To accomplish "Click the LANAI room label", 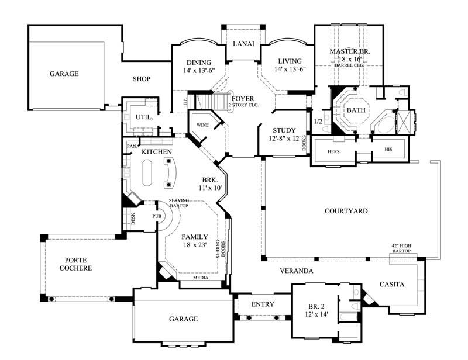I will [x=243, y=44].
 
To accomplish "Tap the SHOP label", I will [x=141, y=79].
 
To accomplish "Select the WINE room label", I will [x=203, y=125].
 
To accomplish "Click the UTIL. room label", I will [x=144, y=117].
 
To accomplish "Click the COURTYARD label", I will [x=346, y=211].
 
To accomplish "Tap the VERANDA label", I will [x=296, y=271].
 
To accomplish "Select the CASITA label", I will [x=392, y=285].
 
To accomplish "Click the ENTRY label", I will [x=263, y=304].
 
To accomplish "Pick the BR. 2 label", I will [x=315, y=306].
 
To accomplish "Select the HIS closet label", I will [x=388, y=150].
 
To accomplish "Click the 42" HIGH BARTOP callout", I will [x=401, y=248].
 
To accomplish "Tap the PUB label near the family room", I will [x=156, y=216].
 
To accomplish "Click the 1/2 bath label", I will [x=318, y=122].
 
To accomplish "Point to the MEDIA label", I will [x=201, y=279].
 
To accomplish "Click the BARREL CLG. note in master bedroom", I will [x=349, y=66].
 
